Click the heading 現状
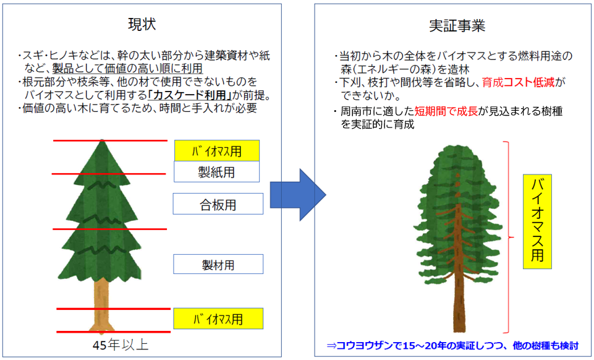coord(142,25)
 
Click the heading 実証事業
coord(457,26)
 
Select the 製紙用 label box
coord(217,172)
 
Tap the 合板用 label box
coord(218,204)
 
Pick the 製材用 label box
coord(218,264)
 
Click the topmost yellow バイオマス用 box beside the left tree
coord(217,151)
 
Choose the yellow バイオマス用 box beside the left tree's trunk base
coord(218,319)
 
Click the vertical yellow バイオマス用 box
coord(537,221)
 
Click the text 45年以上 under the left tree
coord(121,345)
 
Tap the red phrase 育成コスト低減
coord(518,82)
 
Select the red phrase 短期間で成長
coord(446,111)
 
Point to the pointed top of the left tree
coord(102,140)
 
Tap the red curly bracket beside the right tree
coord(508,238)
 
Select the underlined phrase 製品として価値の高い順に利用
coord(127,69)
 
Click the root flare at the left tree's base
coord(101,328)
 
